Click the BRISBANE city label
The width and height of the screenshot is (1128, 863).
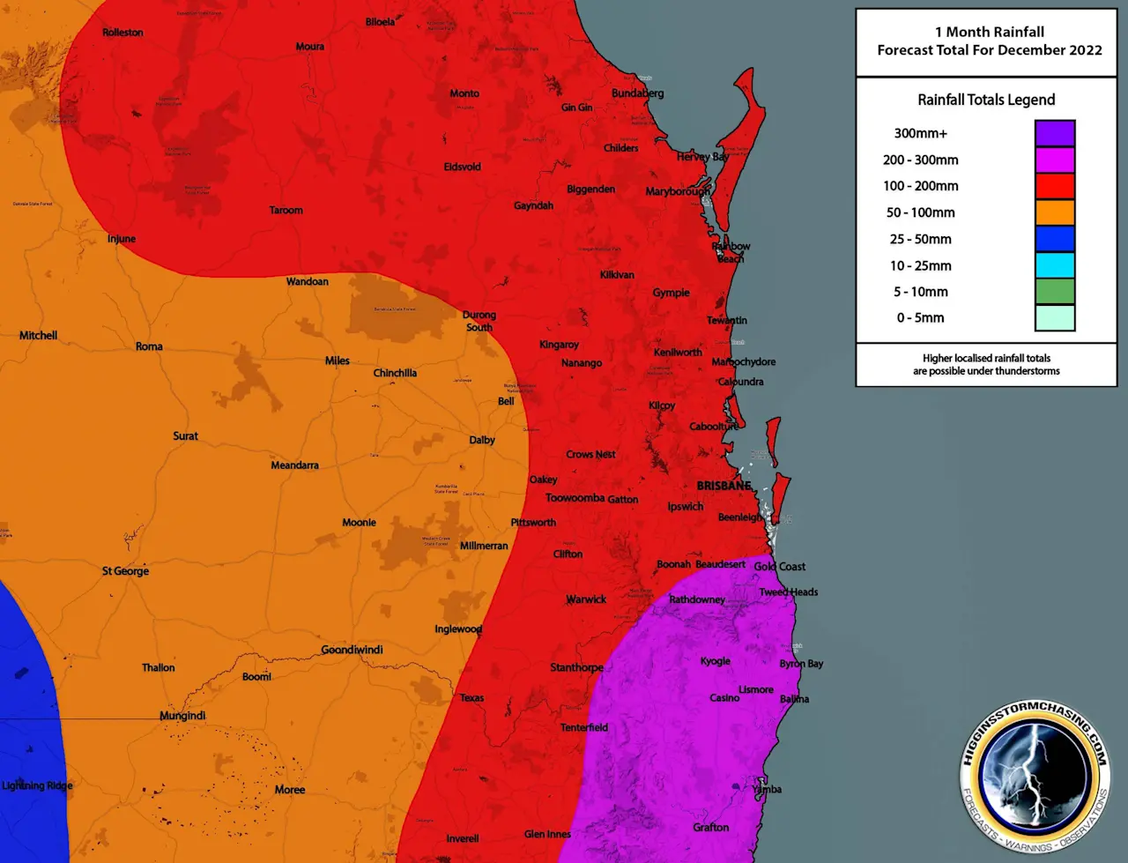(x=724, y=486)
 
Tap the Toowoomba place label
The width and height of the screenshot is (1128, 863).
(x=575, y=498)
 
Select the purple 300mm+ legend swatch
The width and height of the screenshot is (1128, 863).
(x=1054, y=133)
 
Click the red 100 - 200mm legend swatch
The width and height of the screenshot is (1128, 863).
(x=1054, y=186)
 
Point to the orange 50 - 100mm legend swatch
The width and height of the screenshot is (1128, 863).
(x=1054, y=212)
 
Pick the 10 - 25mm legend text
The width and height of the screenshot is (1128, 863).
(x=920, y=265)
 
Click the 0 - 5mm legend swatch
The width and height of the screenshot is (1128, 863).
(x=1054, y=317)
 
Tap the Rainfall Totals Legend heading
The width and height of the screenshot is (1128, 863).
(x=986, y=100)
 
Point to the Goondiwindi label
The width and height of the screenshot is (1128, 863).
(x=352, y=650)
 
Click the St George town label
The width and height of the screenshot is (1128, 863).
(x=125, y=571)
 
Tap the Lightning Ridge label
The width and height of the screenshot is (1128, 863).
(x=37, y=785)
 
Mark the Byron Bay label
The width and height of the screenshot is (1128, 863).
(x=801, y=664)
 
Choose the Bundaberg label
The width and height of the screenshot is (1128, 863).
(x=637, y=93)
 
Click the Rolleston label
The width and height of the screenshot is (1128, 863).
(x=122, y=33)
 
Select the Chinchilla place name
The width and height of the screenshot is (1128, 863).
(x=395, y=373)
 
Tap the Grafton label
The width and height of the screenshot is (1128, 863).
(x=710, y=828)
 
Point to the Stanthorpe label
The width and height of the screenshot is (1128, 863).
(x=576, y=667)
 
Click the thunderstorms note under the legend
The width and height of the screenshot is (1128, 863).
(x=986, y=365)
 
